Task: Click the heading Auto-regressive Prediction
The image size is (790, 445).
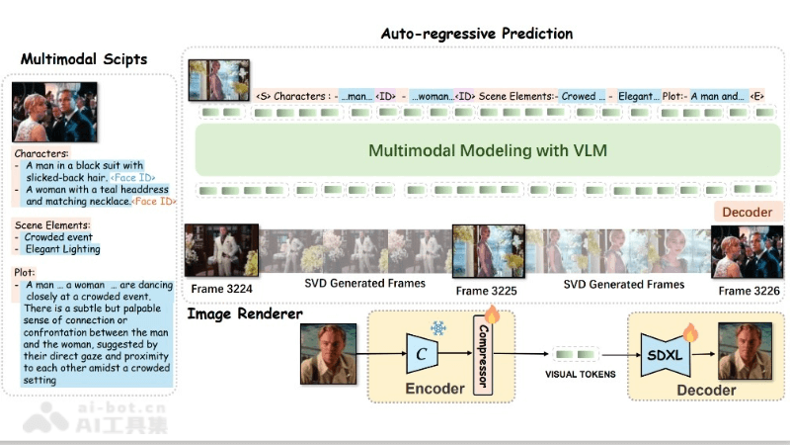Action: (476, 34)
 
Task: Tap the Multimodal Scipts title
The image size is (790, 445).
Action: (84, 59)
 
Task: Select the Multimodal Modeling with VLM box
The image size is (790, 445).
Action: (488, 151)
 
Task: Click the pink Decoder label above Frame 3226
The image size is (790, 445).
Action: (748, 213)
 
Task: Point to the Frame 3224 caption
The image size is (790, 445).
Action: (221, 288)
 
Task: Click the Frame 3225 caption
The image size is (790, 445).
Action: (485, 291)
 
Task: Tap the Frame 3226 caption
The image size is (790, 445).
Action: (749, 290)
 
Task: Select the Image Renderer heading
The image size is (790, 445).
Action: (245, 314)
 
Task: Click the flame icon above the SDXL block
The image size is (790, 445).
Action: (690, 332)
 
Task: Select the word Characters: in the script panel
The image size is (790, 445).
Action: (41, 154)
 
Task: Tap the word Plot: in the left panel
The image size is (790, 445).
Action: (26, 271)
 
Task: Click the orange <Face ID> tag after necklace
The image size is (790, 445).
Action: (154, 201)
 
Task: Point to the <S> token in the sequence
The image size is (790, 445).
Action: (263, 97)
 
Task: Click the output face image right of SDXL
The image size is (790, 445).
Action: (745, 352)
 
